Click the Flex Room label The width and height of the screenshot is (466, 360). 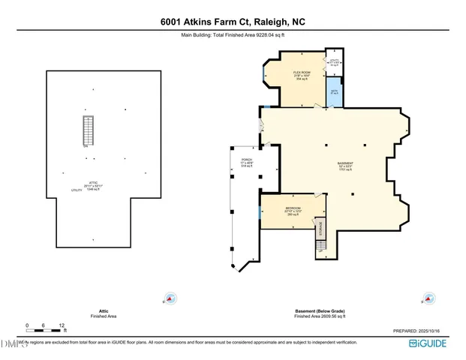(302, 73)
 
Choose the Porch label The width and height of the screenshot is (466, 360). (245, 163)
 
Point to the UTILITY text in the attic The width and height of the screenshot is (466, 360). (77, 191)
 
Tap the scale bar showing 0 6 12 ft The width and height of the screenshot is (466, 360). (45, 328)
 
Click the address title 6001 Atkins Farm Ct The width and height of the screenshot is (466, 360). (233, 22)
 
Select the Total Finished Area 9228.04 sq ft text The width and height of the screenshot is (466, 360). (233, 34)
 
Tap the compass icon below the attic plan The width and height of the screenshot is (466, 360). (171, 298)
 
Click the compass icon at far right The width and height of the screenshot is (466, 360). (429, 298)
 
